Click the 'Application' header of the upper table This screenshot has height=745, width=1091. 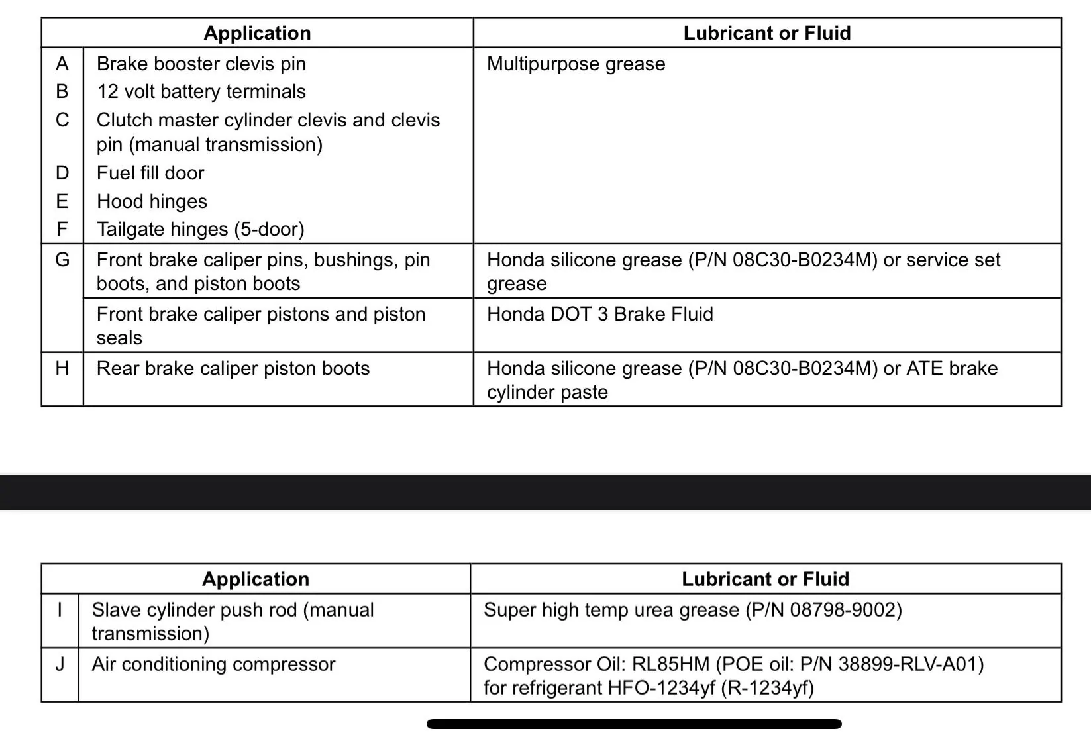click(257, 33)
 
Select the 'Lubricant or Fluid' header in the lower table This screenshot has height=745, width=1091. click(765, 579)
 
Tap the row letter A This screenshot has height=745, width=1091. click(62, 64)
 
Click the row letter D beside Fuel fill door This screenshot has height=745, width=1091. click(62, 174)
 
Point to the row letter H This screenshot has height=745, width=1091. click(62, 369)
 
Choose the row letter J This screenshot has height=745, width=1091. click(60, 664)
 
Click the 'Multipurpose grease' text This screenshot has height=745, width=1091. click(576, 64)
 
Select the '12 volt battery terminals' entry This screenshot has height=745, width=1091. click(201, 92)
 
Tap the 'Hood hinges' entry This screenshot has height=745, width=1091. click(152, 201)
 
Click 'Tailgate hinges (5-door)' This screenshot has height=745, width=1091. click(200, 230)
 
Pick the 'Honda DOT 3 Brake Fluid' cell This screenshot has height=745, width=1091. click(599, 314)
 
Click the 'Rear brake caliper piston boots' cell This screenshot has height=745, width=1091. click(233, 369)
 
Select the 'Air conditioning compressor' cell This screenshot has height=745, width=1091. click(213, 664)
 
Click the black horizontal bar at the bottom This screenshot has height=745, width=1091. click(634, 724)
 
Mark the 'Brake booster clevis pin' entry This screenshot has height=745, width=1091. click(201, 64)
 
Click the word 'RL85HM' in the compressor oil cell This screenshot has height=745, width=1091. click(671, 664)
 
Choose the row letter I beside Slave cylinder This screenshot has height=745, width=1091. click(60, 610)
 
